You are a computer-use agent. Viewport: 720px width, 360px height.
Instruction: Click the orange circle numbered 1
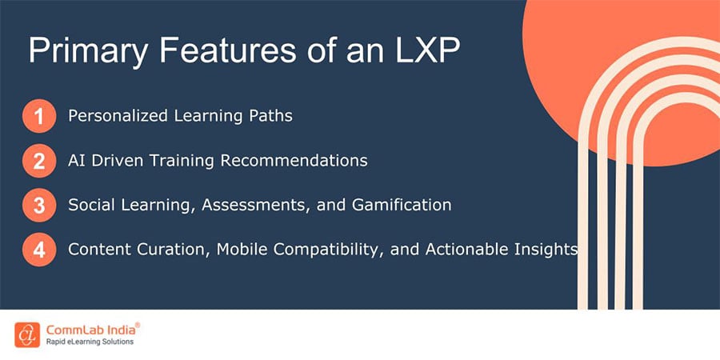(38, 117)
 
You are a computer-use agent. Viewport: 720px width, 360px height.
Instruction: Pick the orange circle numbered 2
(38, 162)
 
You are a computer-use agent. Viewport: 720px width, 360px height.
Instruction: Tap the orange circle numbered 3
(38, 206)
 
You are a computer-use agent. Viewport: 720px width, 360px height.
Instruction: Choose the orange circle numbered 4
(38, 250)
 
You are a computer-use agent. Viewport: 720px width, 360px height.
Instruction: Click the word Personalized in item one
(117, 116)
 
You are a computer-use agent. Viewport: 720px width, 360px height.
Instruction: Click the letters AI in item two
(77, 161)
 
